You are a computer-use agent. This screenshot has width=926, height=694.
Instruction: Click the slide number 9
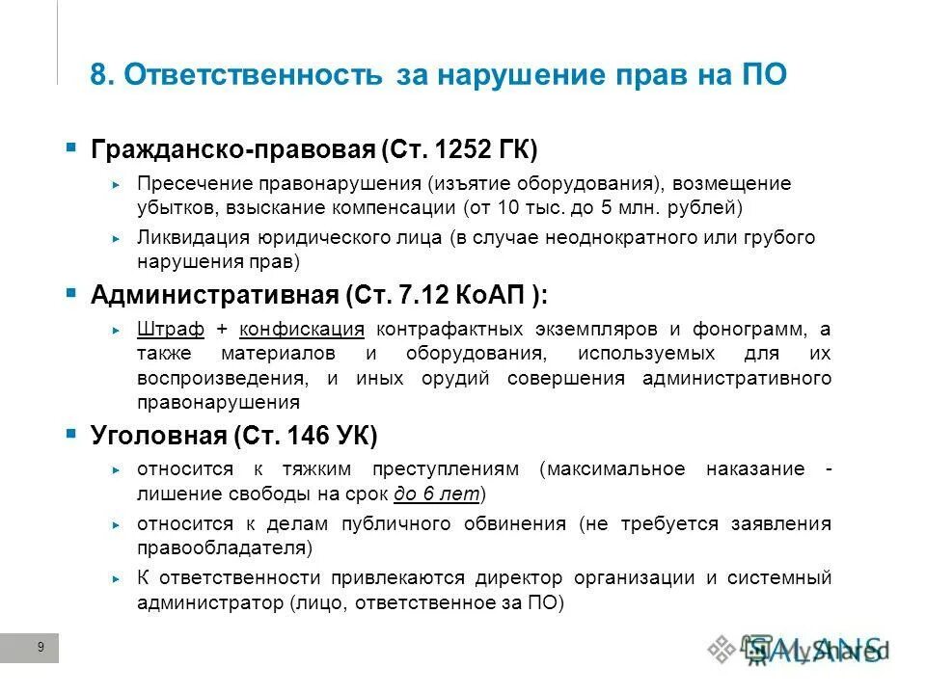click(x=40, y=648)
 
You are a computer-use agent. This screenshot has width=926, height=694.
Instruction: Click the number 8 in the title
click(x=97, y=75)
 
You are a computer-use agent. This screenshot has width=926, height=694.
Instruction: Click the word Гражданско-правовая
click(x=232, y=150)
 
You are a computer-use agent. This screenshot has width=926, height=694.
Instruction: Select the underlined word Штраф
click(x=171, y=329)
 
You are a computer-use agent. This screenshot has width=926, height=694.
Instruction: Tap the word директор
click(x=517, y=578)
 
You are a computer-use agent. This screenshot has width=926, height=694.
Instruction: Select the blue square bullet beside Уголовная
click(x=70, y=434)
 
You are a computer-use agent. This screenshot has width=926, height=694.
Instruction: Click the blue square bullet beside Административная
click(x=70, y=291)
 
